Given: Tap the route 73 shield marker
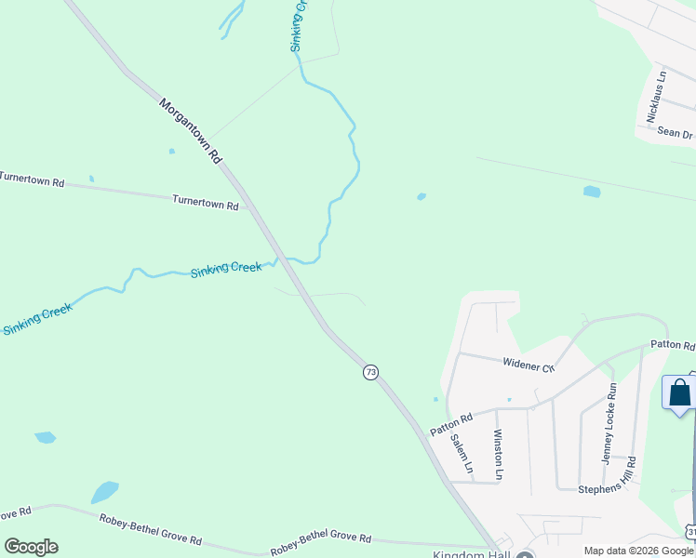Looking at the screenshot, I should (371, 372).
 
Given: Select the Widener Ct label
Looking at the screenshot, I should (529, 365).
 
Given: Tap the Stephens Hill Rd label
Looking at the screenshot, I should (607, 488).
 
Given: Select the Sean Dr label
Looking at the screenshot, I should (676, 133).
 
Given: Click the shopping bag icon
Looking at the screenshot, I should (679, 392).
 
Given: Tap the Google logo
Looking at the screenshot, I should (31, 547).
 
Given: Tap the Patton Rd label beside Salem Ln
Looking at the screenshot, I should (452, 425).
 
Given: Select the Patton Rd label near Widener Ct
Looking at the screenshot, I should (672, 346).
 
